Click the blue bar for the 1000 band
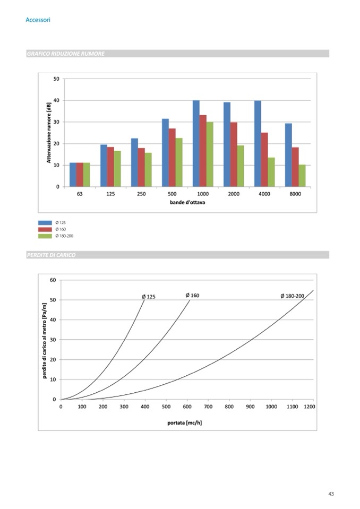pos(196,143)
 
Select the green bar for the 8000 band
pos(302,176)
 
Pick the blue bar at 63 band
pos(73,175)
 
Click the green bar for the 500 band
pos(179,162)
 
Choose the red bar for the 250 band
pos(141,167)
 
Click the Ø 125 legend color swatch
pos(45,223)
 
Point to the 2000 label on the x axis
pos(234,194)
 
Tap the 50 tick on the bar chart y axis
pos(56,79)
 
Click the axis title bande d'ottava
pos(187,203)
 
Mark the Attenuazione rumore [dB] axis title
pos(49,133)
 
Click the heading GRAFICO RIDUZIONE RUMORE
pos(65,54)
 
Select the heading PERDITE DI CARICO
pos(51,255)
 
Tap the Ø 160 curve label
pos(192,295)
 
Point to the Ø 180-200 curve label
pos(292,296)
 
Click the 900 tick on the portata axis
pos(250,407)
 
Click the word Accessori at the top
pos(38,20)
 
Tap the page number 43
pos(331,494)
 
